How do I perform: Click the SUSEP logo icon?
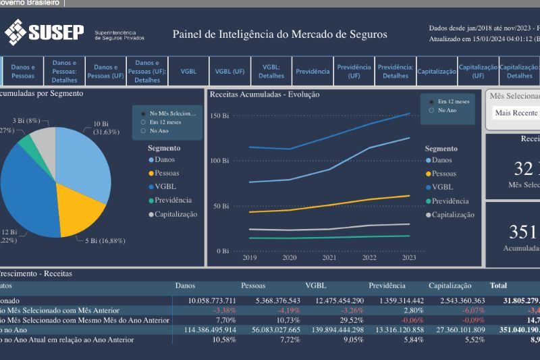click(16, 31)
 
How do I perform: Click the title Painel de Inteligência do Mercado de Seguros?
click(279, 34)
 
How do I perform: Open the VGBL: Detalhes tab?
click(271, 71)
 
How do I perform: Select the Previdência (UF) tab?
click(354, 71)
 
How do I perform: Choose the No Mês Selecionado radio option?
click(143, 113)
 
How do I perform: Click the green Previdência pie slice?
click(26, 141)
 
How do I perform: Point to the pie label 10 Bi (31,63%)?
click(105, 128)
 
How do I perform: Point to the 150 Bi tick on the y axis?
click(220, 116)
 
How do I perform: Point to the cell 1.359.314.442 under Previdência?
click(396, 300)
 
